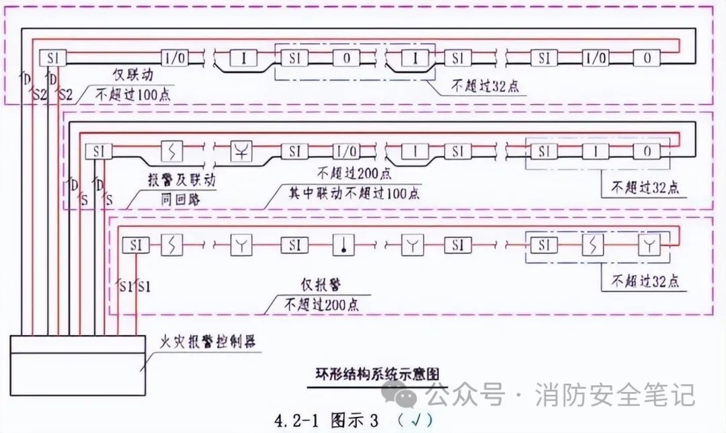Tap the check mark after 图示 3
point(418,421)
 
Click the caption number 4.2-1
point(298,422)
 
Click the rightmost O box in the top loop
point(647,58)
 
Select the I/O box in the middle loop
point(345,151)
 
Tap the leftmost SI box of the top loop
point(52,58)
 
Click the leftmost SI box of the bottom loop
point(134,245)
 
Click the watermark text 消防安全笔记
point(614,395)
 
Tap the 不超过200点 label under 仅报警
point(321,303)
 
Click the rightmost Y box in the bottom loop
point(648,245)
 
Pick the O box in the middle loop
point(647,151)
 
